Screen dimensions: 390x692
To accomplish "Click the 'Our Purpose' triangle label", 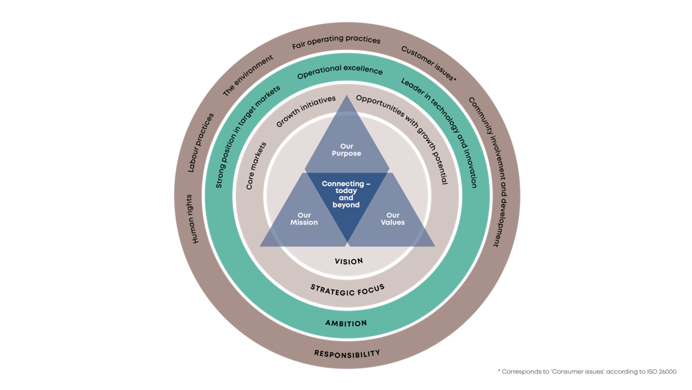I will coord(347,150).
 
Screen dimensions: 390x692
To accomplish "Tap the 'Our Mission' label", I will coord(304,219).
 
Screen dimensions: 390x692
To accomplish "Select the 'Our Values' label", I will coord(393,219).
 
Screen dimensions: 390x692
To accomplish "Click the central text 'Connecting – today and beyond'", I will coord(346,194).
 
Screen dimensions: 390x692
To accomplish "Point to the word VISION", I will coord(349,261).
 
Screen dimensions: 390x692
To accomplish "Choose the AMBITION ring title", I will coord(346,323).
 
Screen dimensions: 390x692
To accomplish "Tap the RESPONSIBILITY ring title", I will coord(347,353).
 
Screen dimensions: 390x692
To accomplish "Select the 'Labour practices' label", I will coord(201,142).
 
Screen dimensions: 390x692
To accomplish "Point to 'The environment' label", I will coord(248,75).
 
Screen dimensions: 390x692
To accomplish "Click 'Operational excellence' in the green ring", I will coord(340,73).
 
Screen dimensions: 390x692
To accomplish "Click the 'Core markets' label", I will coord(256,165).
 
